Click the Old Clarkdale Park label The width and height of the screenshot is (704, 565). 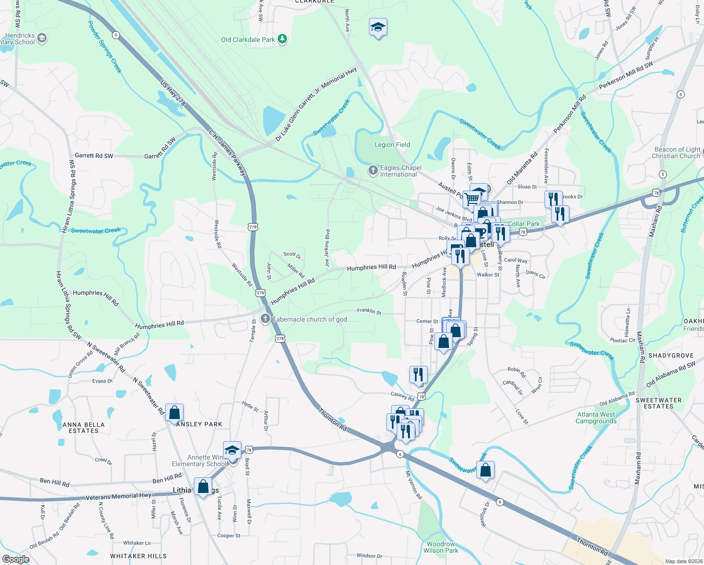[248, 40]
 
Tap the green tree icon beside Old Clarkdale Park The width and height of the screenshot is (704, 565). [282, 39]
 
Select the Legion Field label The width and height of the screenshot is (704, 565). [392, 145]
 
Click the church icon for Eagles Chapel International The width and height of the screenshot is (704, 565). [373, 170]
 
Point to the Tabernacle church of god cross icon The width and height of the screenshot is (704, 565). [265, 319]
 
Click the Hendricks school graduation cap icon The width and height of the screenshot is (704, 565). [42, 38]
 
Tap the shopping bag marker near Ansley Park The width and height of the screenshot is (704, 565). [174, 413]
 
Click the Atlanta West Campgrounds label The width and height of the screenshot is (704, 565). [596, 418]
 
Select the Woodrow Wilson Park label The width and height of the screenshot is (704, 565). [440, 547]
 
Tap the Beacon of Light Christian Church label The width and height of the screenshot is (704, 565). [676, 153]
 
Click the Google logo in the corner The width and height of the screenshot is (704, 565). [16, 559]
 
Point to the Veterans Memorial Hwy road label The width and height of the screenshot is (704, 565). [118, 496]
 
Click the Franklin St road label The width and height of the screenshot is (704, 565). [369, 311]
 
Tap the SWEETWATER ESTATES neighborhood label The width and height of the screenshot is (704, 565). [658, 403]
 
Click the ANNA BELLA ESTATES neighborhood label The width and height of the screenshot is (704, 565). [84, 428]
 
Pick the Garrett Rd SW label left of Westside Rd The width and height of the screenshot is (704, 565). [94, 155]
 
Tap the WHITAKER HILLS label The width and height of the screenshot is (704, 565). [138, 556]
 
